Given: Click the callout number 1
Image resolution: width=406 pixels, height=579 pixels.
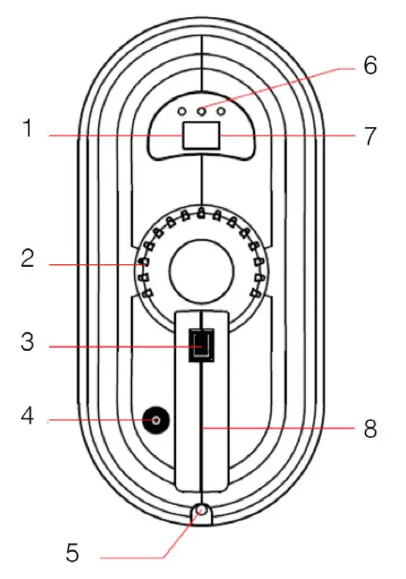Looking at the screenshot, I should (x=28, y=131).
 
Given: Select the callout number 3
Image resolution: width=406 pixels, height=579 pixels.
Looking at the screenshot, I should (x=28, y=342).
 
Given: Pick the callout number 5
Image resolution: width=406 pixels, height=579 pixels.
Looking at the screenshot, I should (x=72, y=550).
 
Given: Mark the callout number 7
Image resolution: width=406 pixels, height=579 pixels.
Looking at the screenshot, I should (x=369, y=136).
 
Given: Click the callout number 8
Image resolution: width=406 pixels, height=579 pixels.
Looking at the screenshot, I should (x=369, y=429).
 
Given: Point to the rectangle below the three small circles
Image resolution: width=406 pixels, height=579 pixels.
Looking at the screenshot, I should (x=201, y=136).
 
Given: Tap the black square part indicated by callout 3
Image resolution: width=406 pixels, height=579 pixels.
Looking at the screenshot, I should (x=201, y=343).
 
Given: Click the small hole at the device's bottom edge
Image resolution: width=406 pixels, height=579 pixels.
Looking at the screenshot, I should (x=201, y=509).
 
